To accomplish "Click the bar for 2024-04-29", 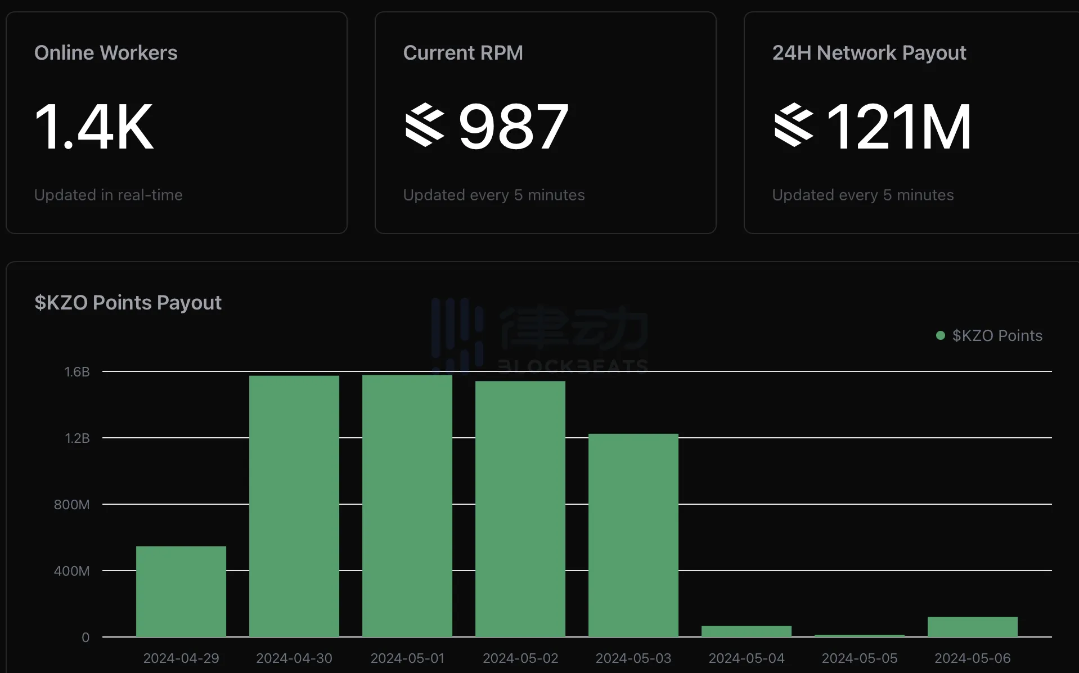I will click(x=181, y=591).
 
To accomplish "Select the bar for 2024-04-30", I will click(x=294, y=506).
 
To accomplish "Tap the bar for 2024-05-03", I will click(x=633, y=535).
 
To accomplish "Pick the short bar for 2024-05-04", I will click(x=747, y=631).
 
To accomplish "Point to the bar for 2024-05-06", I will click(x=973, y=627).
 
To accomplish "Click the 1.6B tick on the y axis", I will click(x=77, y=372).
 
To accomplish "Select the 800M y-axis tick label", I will click(x=71, y=505).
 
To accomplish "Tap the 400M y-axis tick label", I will click(x=71, y=571).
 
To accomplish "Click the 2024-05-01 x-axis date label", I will click(x=407, y=658).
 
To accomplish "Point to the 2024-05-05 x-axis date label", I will click(x=860, y=658).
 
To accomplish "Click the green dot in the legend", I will click(x=940, y=335).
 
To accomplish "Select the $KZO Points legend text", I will click(x=997, y=335).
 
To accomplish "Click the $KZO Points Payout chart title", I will click(x=128, y=303).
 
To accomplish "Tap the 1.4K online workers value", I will click(x=94, y=127).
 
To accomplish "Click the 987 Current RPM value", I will click(x=513, y=127).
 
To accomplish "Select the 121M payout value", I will click(x=899, y=127).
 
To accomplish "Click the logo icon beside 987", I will click(x=425, y=125).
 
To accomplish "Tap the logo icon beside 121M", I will click(x=794, y=125).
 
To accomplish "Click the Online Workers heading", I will click(x=106, y=53).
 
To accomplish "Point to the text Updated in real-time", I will click(x=109, y=195).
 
